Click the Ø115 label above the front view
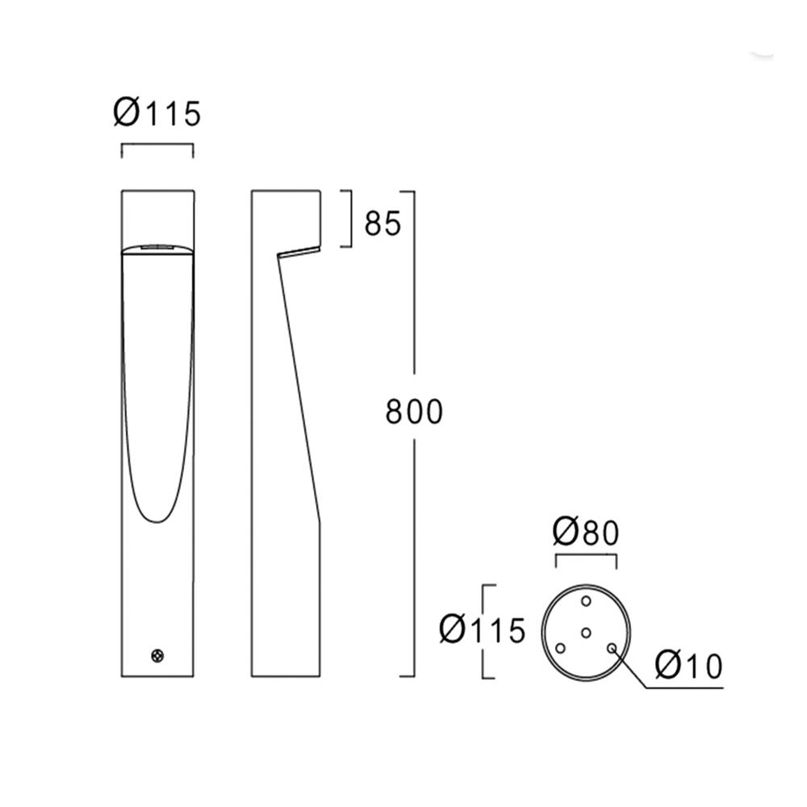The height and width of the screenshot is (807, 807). [x=157, y=114]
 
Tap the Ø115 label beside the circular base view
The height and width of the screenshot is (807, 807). [x=483, y=629]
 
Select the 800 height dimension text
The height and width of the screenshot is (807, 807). [x=414, y=412]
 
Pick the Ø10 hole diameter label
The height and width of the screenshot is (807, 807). [x=688, y=667]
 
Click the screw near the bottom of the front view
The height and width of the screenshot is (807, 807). [x=157, y=656]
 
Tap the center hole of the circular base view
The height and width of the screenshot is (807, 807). [x=587, y=633]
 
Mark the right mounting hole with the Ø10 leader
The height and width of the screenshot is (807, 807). [x=612, y=647]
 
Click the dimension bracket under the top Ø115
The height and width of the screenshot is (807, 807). [x=157, y=146]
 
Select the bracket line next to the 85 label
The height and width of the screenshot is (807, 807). [x=349, y=218]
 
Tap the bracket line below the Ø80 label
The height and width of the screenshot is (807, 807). [x=585, y=556]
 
